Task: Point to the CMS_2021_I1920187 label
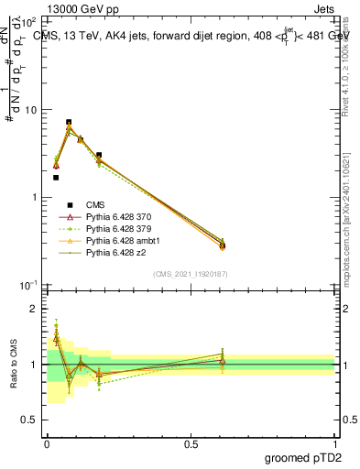click(190, 274)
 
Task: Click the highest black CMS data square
click(69, 122)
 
